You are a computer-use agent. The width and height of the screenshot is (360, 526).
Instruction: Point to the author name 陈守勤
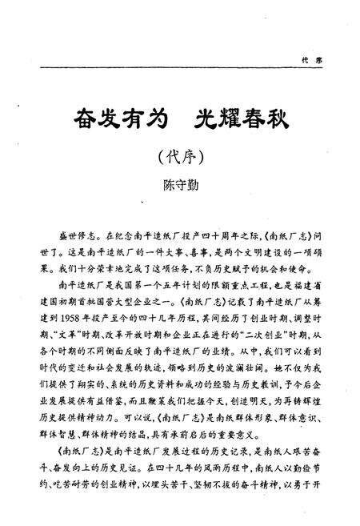(180, 185)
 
